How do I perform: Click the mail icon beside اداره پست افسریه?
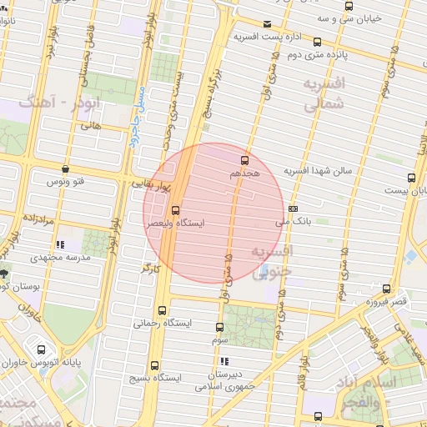tap(267, 24)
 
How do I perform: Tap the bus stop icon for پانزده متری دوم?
tap(317, 42)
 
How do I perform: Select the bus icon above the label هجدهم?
tap(244, 159)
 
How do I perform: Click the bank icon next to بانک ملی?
tap(293, 208)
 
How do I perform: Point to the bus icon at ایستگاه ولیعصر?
tap(175, 210)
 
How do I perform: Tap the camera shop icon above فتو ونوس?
tap(65, 168)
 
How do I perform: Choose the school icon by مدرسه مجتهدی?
tap(59, 244)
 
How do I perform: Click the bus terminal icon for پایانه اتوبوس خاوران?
tap(42, 349)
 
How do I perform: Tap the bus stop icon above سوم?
tap(219, 328)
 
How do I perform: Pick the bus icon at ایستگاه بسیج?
tap(155, 364)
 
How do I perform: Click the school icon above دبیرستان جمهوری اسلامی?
tap(223, 361)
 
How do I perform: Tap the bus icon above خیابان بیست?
tap(410, 178)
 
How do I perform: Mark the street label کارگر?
tap(148, 269)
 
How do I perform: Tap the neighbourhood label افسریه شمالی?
tap(324, 94)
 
